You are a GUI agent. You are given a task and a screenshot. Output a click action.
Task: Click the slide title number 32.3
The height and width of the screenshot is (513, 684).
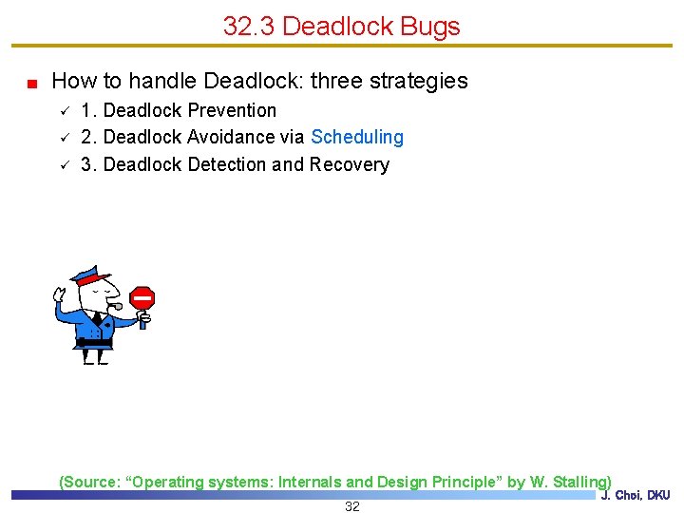249,26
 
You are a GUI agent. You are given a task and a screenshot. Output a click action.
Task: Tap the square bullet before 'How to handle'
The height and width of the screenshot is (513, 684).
31,83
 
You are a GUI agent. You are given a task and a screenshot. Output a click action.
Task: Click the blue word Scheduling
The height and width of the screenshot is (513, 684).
357,138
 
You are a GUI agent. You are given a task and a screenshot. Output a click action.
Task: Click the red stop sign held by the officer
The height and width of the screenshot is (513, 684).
142,298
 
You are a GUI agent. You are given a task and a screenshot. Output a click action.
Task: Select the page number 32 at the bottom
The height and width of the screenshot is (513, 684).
352,506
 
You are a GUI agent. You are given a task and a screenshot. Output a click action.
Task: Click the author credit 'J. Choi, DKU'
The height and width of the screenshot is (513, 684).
636,495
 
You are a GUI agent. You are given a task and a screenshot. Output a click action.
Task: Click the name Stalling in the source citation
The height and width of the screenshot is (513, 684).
579,482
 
